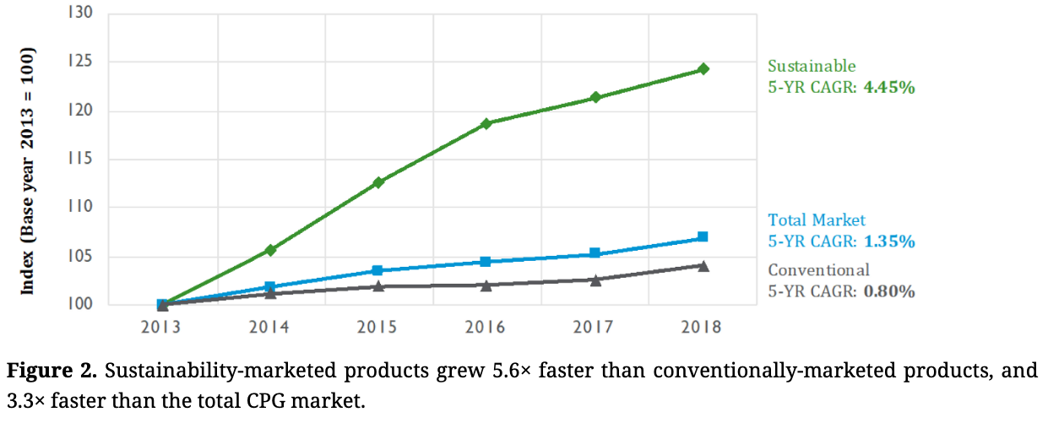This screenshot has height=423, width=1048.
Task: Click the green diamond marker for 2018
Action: (703, 69)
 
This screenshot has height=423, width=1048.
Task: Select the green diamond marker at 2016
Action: (486, 124)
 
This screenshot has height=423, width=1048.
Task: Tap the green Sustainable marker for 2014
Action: (270, 250)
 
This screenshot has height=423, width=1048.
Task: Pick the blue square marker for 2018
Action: (703, 237)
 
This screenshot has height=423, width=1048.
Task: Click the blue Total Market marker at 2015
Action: (378, 270)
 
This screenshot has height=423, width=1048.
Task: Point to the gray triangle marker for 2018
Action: (703, 266)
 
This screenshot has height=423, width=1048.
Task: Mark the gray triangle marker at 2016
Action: (486, 285)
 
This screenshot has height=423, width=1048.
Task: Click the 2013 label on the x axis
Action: (162, 328)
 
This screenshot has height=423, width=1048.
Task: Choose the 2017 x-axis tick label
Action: (595, 328)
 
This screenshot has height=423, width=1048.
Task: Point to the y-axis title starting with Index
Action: (28, 171)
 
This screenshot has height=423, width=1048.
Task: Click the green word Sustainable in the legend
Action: (811, 66)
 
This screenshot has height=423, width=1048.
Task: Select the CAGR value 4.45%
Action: (889, 86)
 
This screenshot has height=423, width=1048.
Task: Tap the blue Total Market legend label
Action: (816, 220)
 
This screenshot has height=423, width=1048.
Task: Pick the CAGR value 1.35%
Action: (889, 241)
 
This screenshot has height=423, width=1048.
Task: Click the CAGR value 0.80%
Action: (889, 291)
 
